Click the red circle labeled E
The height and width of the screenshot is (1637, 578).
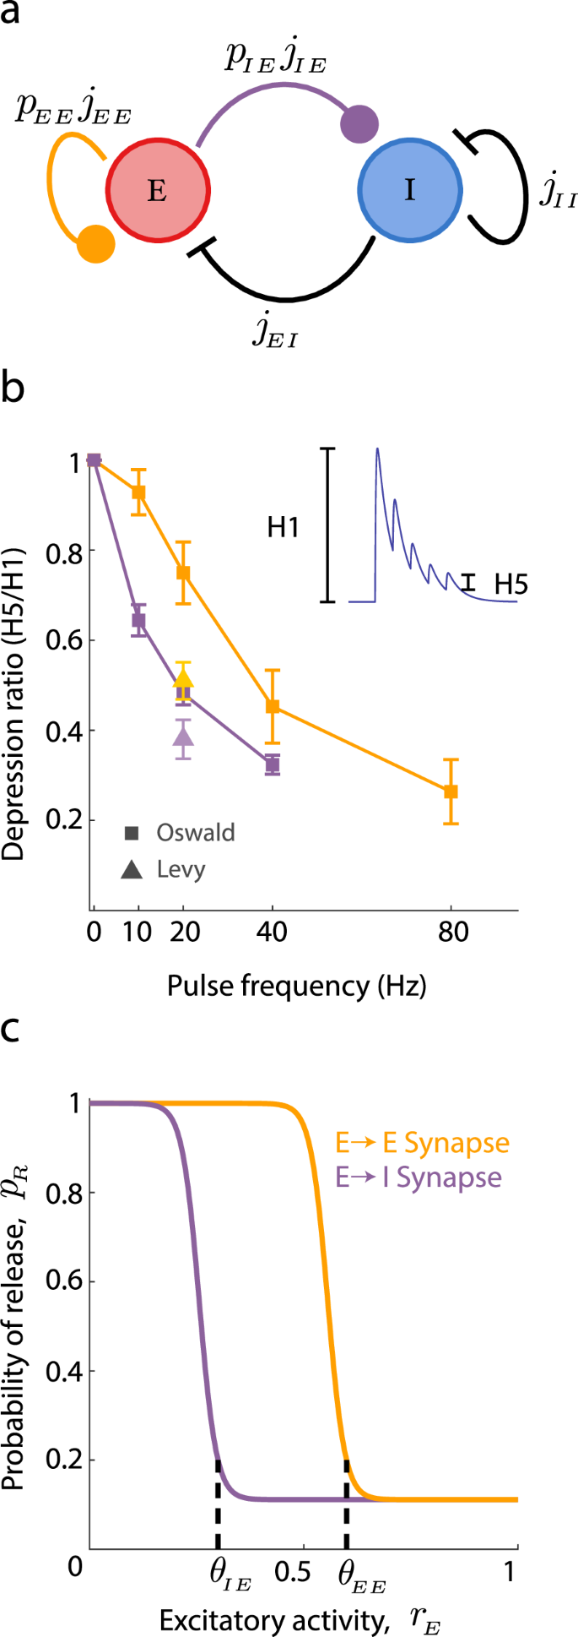pos(157,191)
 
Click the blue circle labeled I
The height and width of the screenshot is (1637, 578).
pos(409,191)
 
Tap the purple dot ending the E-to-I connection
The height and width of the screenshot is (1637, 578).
pos(359,123)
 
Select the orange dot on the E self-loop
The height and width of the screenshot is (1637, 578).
pos(95,244)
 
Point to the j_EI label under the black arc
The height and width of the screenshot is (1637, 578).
pos(275,331)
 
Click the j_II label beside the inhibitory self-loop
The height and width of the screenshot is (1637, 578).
pos(559,192)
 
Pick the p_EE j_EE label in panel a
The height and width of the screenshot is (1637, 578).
pos(73,110)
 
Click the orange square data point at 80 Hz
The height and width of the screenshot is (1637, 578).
pos(451,791)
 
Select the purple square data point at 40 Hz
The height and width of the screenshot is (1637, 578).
pos(272,765)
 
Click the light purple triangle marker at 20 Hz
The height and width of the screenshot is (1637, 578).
pos(183,737)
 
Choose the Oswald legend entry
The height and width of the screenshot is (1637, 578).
pos(181,833)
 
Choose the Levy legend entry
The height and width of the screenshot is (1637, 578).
pos(167,869)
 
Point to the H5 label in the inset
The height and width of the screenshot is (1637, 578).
pos(510,584)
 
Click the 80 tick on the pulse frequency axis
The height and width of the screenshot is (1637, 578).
pos(453,932)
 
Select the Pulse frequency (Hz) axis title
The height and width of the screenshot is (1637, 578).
pos(296,985)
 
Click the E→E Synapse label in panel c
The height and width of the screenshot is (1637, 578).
pos(422,1143)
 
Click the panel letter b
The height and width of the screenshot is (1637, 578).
pos(15,391)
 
